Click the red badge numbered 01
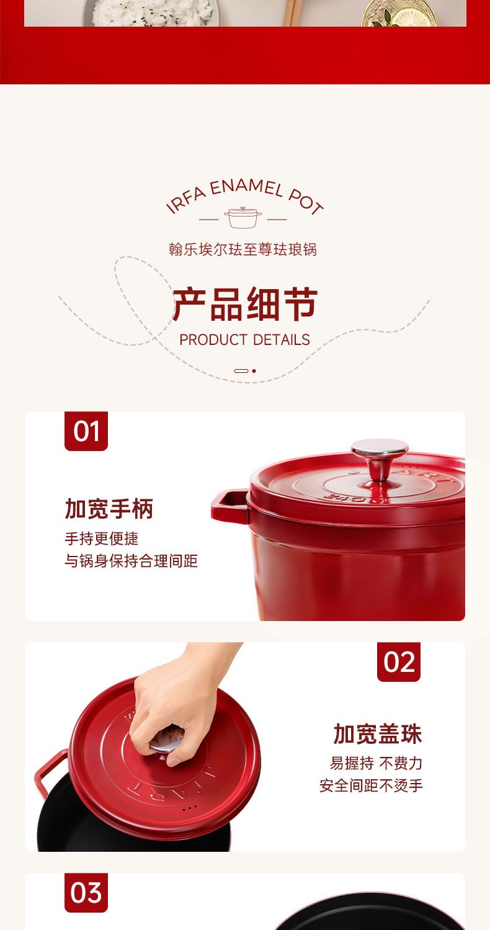tap(86, 431)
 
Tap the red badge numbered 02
tap(398, 662)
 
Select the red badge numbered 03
tap(86, 892)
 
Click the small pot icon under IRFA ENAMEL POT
tap(243, 218)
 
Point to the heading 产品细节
tap(245, 305)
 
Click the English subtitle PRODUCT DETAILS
tap(245, 340)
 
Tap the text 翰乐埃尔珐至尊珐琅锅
tap(243, 249)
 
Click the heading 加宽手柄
tap(109, 509)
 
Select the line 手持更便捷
tap(102, 539)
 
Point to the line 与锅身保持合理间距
tap(131, 560)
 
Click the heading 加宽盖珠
tap(378, 733)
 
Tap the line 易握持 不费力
tap(376, 763)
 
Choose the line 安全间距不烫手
tap(371, 785)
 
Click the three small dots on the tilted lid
tap(190, 808)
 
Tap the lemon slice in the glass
tap(411, 17)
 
